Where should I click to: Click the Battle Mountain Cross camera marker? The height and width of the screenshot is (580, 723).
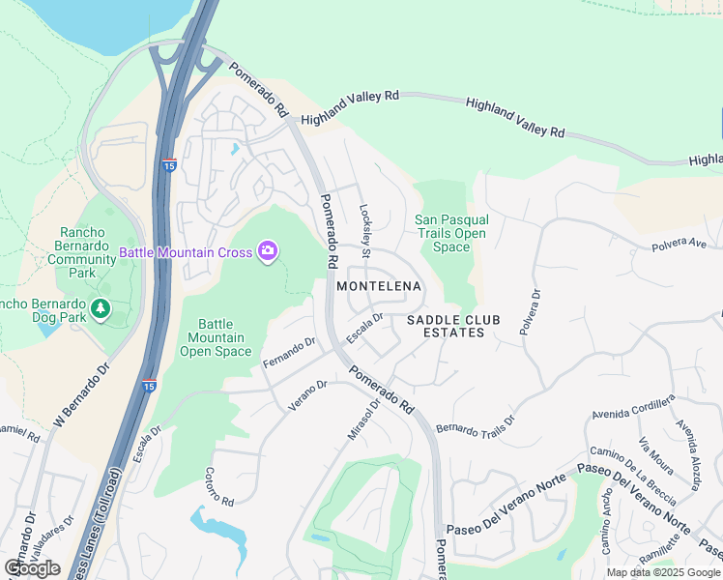coord(268,252)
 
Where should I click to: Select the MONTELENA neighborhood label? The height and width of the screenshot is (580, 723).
coord(379,286)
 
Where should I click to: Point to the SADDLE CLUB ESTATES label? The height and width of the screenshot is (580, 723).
coord(445,326)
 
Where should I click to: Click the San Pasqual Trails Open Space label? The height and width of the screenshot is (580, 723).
coord(450,233)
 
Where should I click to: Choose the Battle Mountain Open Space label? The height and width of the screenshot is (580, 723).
coord(215,337)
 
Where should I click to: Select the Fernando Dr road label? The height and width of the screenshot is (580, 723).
coord(289,352)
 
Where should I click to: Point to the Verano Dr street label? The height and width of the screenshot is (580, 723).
coord(308,395)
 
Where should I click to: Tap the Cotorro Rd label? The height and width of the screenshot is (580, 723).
coord(219,487)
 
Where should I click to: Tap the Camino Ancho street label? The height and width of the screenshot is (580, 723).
coord(606,530)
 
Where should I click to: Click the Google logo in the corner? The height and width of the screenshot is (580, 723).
coord(32,568)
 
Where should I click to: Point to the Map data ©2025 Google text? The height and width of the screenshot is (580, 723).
coord(663,572)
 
